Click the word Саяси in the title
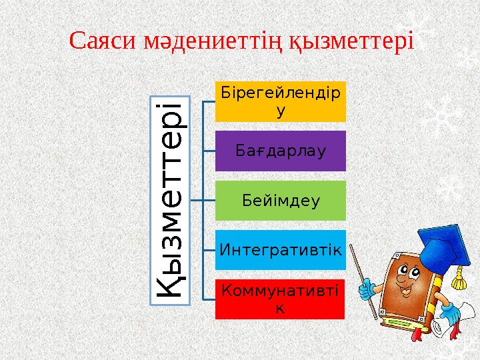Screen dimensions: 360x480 click(103, 41)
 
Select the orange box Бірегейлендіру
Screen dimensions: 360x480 click(280, 101)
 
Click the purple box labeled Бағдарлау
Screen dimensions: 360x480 click(280, 151)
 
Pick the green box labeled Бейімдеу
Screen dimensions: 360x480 click(280, 200)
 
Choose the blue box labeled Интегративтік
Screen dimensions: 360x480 click(280, 250)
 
